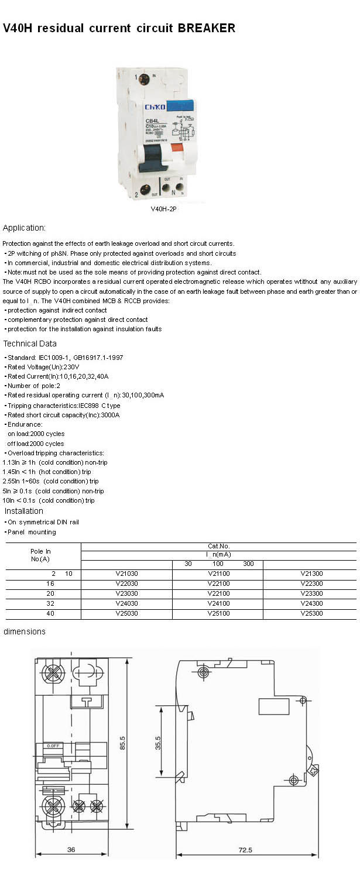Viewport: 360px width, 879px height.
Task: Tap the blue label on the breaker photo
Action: tap(181, 106)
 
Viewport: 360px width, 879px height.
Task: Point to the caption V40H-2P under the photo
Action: tap(163, 209)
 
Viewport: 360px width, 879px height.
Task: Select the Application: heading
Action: tap(24, 228)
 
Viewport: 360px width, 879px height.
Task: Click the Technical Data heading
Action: tap(30, 344)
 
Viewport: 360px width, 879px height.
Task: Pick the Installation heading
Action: tap(24, 511)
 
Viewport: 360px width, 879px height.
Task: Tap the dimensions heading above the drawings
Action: tap(25, 631)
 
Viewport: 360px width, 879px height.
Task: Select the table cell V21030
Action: tap(126, 574)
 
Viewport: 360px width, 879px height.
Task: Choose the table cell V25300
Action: tap(311, 614)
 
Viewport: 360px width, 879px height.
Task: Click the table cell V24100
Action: tap(218, 603)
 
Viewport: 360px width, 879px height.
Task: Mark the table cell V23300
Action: tap(311, 593)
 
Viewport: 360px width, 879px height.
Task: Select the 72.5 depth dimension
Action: tap(245, 849)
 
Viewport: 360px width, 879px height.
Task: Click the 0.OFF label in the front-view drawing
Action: tap(55, 746)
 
